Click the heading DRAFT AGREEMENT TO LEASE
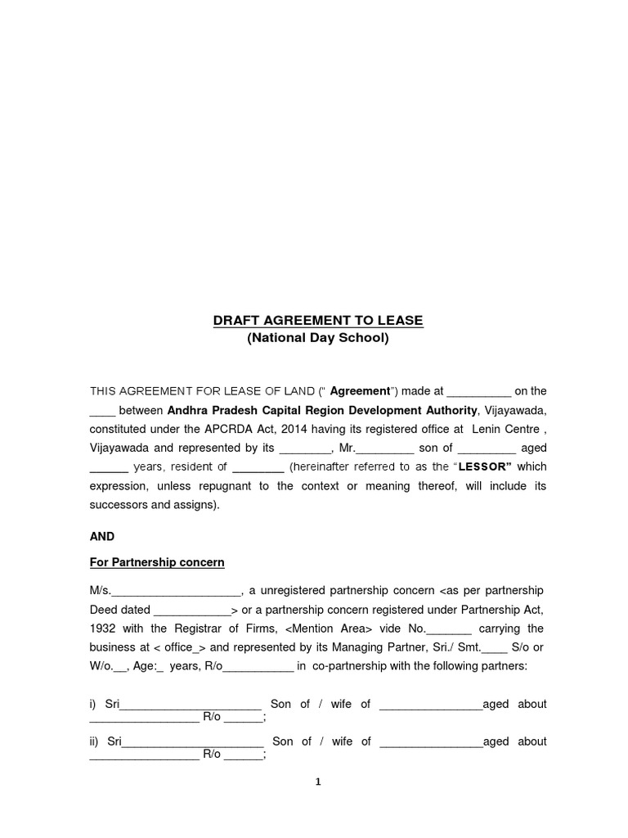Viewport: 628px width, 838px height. pos(318,321)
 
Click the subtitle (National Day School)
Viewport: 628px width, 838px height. pos(318,337)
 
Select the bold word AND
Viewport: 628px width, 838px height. pos(102,537)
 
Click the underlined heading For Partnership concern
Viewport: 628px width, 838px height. pos(157,563)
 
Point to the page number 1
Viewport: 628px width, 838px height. pos(318,782)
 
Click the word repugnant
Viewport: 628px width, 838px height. pos(214,486)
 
